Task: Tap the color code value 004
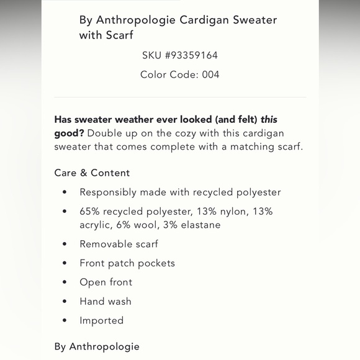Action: click(210, 74)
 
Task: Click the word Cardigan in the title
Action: click(200, 19)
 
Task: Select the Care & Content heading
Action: click(92, 173)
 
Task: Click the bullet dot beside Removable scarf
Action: click(65, 244)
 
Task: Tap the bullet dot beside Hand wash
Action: click(65, 302)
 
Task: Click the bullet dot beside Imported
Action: click(65, 321)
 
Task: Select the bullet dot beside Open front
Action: click(65, 282)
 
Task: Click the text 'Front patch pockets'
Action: click(127, 263)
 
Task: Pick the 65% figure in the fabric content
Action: click(91, 211)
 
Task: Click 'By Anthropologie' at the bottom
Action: click(97, 346)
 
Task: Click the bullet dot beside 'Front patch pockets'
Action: click(65, 263)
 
